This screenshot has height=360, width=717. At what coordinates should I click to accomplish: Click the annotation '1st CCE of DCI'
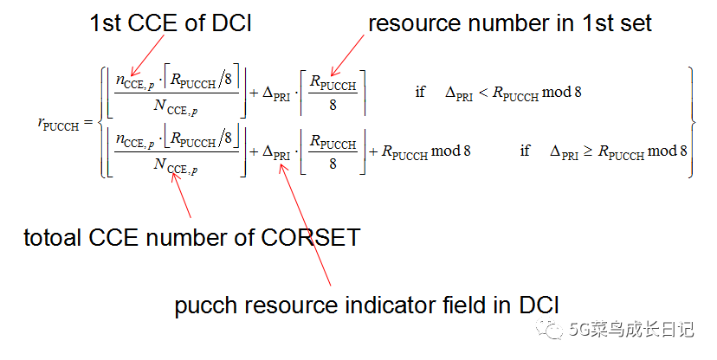coord(171,23)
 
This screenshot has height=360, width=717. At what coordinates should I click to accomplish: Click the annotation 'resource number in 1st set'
coord(510,23)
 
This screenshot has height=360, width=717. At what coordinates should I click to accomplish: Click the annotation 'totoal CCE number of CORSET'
coord(191,236)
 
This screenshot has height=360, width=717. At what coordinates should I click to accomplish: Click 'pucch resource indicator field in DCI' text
coord(367,305)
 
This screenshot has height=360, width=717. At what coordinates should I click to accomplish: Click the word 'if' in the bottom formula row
coord(525,151)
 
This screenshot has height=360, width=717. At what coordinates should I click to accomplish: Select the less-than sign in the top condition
coord(483,93)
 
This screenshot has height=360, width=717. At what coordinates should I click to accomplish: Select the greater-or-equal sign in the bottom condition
coord(588,151)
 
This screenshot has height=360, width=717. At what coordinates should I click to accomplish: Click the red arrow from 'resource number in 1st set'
coord(346,57)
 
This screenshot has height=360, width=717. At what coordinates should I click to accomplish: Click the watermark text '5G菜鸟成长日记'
coord(635,329)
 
